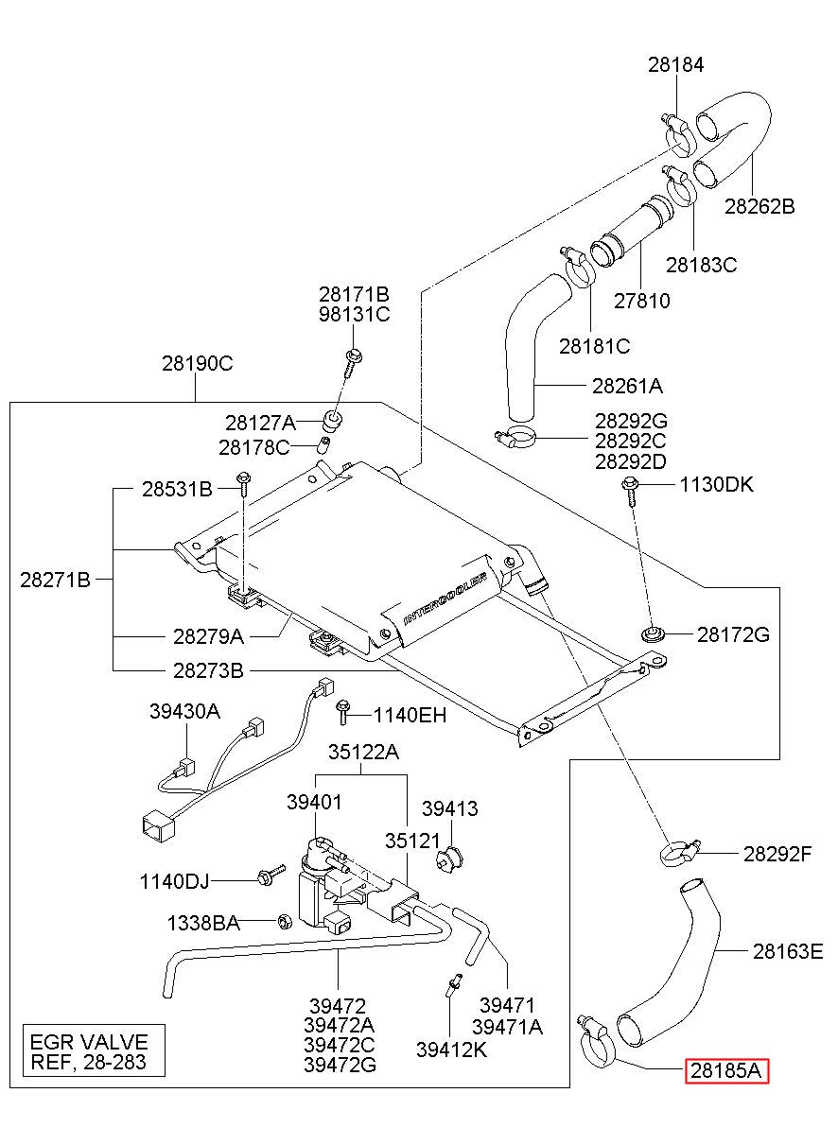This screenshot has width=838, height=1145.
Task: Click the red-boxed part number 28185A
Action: click(726, 1071)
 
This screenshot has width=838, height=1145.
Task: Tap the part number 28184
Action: click(676, 65)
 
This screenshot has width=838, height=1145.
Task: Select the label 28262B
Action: click(759, 206)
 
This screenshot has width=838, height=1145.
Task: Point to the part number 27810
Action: click(641, 301)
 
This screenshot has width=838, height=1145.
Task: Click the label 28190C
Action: click(198, 363)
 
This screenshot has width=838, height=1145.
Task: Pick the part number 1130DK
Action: click(716, 485)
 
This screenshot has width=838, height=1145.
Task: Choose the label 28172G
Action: click(733, 634)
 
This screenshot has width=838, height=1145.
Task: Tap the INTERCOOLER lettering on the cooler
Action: click(445, 599)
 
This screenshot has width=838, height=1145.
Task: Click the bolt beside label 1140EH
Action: click(342, 713)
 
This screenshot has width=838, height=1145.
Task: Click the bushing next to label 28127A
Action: click(332, 420)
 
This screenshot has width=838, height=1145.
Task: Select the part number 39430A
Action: click(184, 711)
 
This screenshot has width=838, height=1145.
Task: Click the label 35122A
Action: click(363, 752)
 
